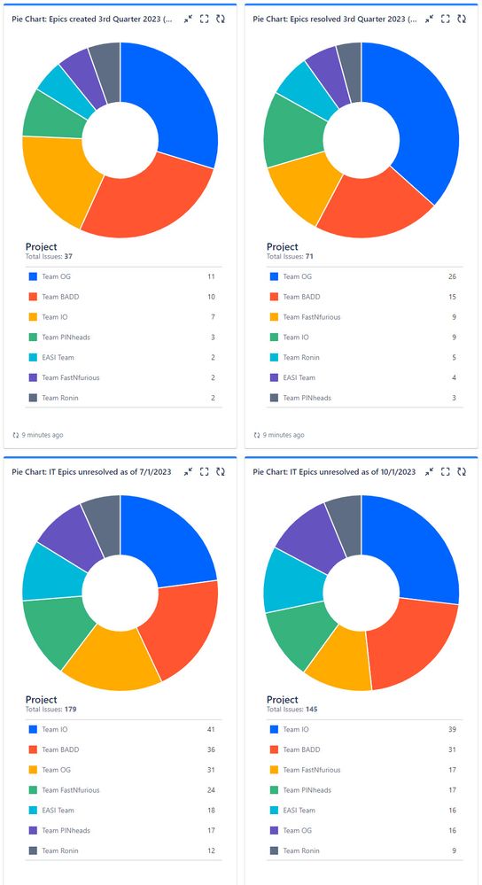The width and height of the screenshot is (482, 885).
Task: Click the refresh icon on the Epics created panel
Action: tap(220, 19)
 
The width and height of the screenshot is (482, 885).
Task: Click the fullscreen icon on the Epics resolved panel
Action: tap(445, 19)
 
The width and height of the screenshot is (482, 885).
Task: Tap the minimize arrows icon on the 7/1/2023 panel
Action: tap(188, 472)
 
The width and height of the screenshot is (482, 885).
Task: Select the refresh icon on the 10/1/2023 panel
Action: tap(461, 472)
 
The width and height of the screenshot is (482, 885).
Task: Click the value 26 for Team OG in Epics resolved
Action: tap(454, 276)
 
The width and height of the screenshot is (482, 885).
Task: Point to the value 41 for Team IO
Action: tap(211, 730)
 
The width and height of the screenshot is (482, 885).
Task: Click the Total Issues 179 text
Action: tap(53, 709)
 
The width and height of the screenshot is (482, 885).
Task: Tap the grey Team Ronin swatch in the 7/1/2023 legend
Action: tap(32, 850)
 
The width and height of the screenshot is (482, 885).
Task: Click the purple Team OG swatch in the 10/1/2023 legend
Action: tap(273, 830)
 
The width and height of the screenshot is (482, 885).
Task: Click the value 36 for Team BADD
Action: tap(211, 749)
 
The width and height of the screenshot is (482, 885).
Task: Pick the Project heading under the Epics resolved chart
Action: tap(282, 246)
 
